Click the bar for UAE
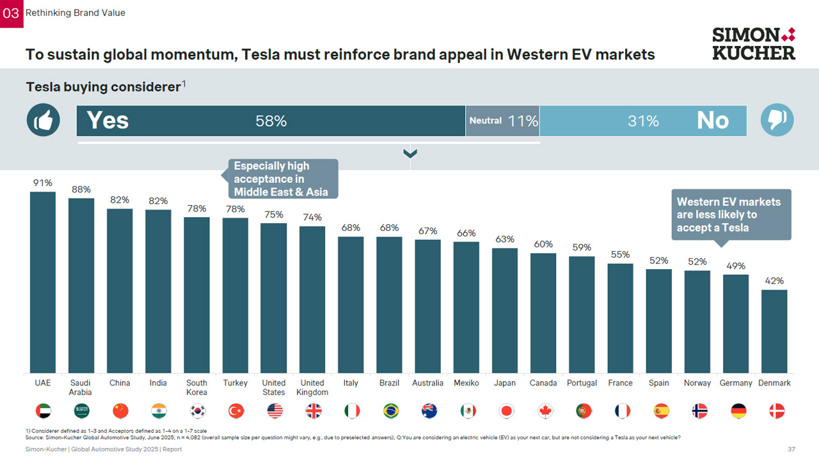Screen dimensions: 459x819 (43, 282)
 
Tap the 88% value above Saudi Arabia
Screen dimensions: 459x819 (81, 189)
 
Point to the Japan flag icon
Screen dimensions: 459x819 (505, 410)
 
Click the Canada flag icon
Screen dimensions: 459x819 (543, 410)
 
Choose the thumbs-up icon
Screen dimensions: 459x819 (44, 120)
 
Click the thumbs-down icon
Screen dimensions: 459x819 (777, 120)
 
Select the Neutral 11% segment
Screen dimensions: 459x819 (503, 121)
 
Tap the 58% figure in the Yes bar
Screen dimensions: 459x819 (271, 121)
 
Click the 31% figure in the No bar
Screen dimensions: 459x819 (643, 121)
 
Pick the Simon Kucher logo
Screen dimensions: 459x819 (754, 43)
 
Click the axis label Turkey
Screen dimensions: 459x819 (235, 383)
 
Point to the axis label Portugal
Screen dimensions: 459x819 (582, 383)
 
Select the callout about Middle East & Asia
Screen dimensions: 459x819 (282, 179)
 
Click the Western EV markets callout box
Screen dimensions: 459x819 (731, 214)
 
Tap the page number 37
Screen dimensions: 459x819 (791, 449)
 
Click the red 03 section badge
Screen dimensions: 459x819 (12, 13)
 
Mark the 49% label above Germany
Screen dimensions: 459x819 (736, 266)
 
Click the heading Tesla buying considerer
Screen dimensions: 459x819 (103, 87)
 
